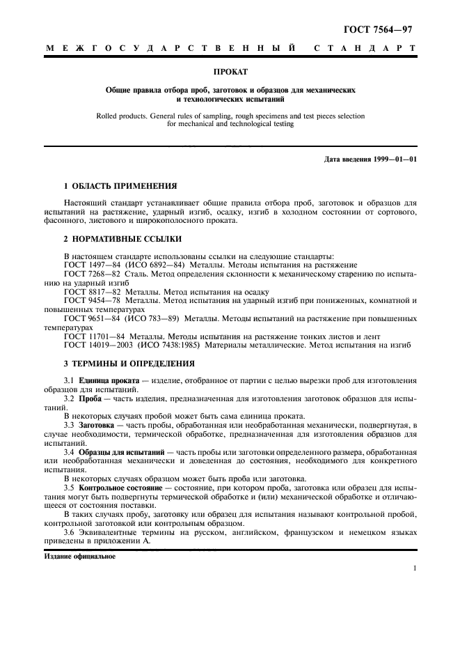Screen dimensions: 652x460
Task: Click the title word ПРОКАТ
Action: pyautogui.click(x=230, y=71)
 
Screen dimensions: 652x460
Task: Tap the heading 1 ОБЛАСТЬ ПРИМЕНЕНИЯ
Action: pyautogui.click(x=120, y=187)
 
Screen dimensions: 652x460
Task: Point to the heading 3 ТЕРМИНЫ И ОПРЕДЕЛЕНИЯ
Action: pyautogui.click(x=129, y=363)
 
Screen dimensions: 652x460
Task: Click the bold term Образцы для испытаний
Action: pyautogui.click(x=121, y=451)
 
